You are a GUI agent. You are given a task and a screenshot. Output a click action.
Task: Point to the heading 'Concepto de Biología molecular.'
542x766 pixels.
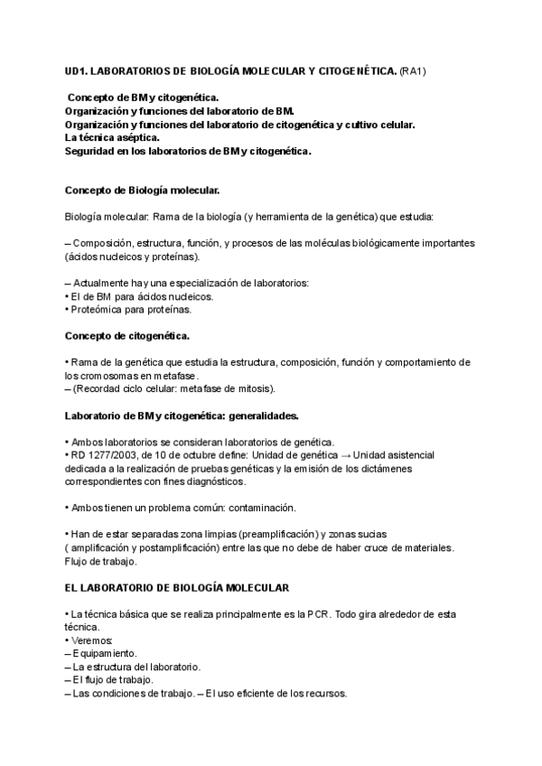tap(143, 191)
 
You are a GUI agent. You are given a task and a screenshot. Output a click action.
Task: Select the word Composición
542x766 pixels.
tap(107, 245)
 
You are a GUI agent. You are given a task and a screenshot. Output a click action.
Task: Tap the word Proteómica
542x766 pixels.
tap(100, 310)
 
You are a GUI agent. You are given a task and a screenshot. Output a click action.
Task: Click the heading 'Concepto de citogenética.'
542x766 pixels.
tap(127, 336)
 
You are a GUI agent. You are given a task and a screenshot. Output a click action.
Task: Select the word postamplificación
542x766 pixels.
tap(188, 548)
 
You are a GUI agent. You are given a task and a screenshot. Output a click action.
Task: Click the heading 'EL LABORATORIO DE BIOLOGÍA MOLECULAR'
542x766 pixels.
tap(177, 588)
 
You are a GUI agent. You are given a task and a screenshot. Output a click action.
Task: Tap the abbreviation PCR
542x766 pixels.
tap(315, 614)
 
